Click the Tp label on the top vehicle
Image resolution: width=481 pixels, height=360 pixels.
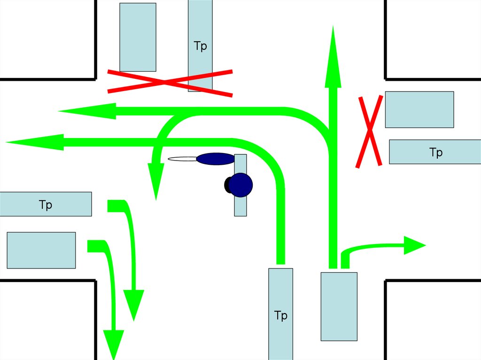[200, 46]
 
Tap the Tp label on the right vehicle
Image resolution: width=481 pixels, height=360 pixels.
[436, 152]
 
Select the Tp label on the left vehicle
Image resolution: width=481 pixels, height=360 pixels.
[46, 205]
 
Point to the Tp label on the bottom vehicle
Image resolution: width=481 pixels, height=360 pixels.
[281, 315]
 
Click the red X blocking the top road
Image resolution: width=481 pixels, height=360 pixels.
[170, 82]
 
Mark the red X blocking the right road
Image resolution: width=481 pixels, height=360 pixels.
[370, 131]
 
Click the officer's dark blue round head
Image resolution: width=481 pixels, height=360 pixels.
[241, 184]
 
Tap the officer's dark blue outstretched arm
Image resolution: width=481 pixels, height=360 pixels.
[215, 159]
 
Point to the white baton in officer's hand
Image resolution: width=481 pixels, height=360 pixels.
[182, 159]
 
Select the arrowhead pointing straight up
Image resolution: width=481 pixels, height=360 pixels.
[333, 57]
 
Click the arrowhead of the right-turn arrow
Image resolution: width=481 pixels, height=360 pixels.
[415, 245]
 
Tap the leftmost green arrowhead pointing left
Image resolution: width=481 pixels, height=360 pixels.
[35, 142]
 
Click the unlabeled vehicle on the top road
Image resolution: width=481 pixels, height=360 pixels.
[138, 38]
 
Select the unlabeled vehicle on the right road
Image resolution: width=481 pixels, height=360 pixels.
[419, 109]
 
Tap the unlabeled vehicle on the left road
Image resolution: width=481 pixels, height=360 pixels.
[41, 250]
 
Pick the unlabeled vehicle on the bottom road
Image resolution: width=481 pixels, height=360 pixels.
[339, 306]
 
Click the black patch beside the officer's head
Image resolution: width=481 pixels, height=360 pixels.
[227, 185]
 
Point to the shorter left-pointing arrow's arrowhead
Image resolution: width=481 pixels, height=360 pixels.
[87, 111]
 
